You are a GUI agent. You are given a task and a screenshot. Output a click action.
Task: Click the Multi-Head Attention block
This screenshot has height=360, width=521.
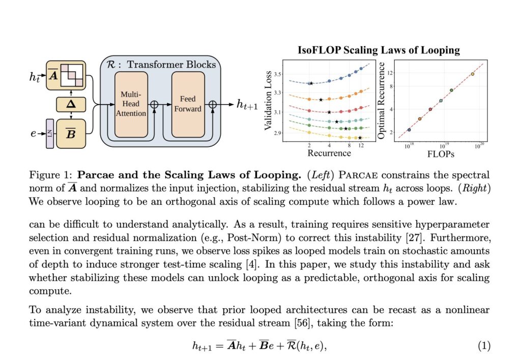click(x=131, y=104)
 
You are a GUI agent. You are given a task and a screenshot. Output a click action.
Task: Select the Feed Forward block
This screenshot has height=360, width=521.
click(x=188, y=104)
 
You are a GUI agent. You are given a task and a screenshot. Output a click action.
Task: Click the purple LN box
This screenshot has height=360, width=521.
click(x=50, y=133)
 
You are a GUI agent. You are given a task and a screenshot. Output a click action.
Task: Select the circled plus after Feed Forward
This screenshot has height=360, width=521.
click(x=213, y=104)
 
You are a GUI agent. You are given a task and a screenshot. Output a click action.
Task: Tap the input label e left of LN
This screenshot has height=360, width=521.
click(x=34, y=133)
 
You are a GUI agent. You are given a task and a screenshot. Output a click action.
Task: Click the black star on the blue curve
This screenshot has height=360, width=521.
click(x=311, y=83)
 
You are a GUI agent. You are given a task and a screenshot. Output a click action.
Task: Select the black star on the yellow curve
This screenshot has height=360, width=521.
click(x=360, y=138)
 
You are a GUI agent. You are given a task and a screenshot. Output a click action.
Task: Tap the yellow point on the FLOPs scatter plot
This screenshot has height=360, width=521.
click(x=473, y=74)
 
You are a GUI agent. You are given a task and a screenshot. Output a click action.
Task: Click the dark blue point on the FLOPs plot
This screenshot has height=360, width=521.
click(x=409, y=130)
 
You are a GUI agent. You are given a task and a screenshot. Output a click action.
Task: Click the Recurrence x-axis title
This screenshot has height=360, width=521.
click(x=329, y=153)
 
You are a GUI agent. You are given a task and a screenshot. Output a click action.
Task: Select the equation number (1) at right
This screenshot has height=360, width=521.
click(x=484, y=346)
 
